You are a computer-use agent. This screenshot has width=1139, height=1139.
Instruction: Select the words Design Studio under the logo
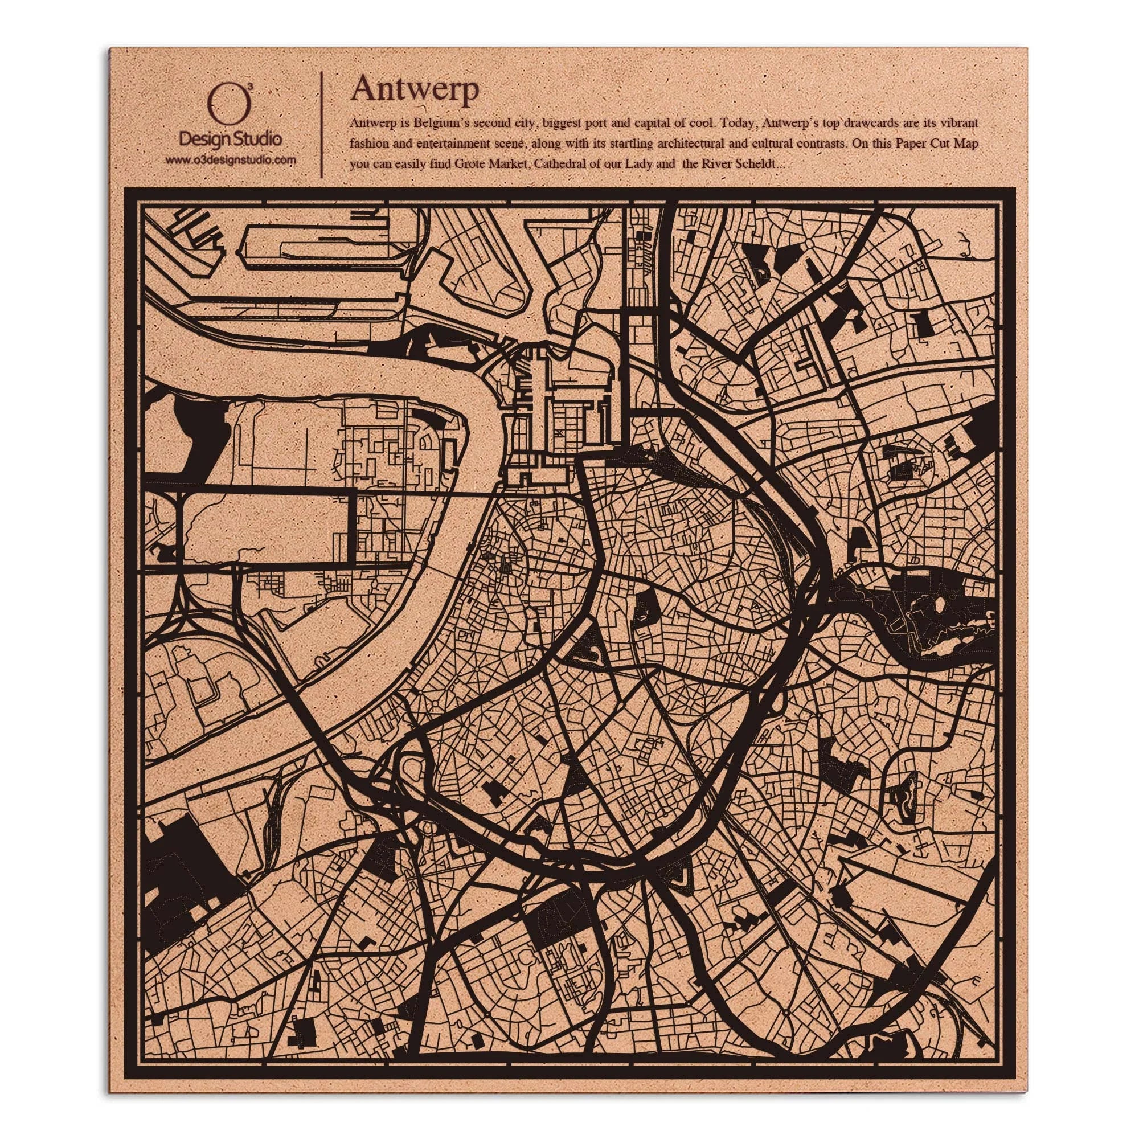point(230,139)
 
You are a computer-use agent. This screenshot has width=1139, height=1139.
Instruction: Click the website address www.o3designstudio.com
point(230,160)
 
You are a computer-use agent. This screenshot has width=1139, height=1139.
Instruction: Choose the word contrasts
point(839,144)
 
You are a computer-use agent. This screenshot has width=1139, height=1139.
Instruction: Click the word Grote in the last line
point(469,164)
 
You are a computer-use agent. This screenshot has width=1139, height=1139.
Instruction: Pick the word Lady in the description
point(640,164)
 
